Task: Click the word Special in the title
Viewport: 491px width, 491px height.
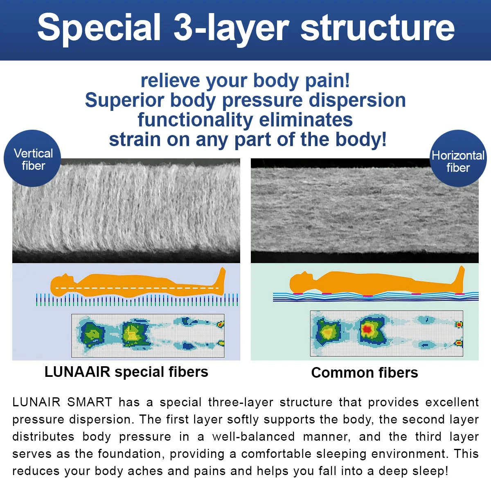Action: coord(99,28)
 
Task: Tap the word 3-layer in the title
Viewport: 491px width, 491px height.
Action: coord(231,28)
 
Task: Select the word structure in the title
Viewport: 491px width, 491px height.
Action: coord(377,28)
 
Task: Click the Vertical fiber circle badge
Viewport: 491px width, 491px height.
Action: coord(33,159)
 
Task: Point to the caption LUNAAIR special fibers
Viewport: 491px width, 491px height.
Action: coord(126,372)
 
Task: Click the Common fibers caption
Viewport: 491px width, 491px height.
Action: coord(365,373)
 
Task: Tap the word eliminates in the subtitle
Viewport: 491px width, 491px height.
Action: coord(306,120)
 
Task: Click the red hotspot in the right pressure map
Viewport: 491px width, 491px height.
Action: coord(367,329)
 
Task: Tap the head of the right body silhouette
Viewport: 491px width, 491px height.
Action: coord(301,282)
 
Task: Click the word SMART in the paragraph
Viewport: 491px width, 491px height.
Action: coord(90,402)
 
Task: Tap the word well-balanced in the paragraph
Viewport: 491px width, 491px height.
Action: coord(253,437)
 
